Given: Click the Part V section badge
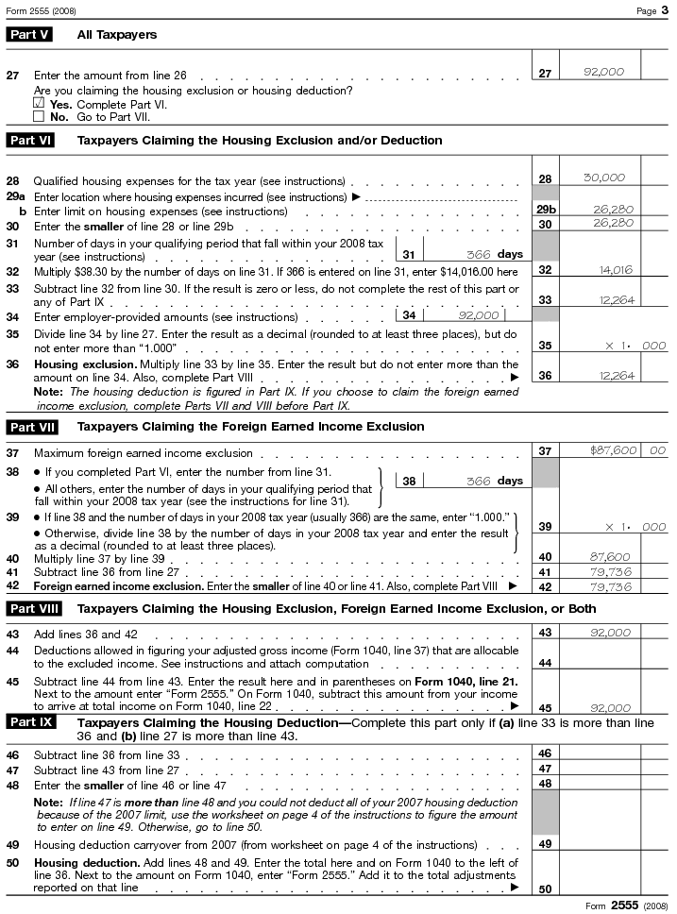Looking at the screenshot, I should coord(28,34).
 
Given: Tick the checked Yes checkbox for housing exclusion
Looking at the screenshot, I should coord(39,103).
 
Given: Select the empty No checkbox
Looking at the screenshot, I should coord(39,117).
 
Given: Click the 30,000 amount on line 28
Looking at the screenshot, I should coord(603,178).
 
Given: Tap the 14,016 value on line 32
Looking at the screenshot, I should coord(615,270).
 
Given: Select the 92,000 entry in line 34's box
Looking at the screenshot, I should coord(478,315).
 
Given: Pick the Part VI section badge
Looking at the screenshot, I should coord(30,140).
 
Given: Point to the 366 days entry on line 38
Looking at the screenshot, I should coord(478,481).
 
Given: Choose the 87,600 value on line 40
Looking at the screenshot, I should coord(609,557).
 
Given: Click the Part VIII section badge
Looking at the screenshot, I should coord(34,608).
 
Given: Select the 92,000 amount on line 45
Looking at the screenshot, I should coord(609,707).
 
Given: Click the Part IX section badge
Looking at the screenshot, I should coord(30,722).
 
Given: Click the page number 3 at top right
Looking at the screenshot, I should coord(665,10).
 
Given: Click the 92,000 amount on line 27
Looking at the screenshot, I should coord(603,72).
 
